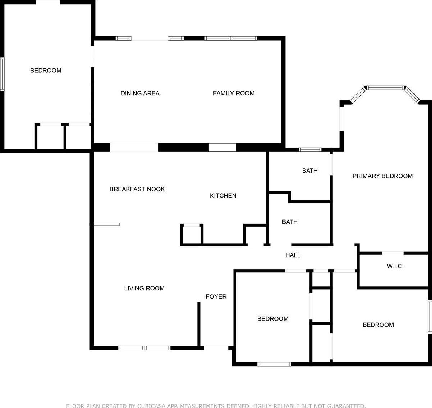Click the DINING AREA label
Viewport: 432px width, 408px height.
point(140,93)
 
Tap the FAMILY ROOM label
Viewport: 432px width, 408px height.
point(234,93)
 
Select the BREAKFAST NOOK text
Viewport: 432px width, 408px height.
point(137,189)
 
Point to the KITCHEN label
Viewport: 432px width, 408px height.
point(223,196)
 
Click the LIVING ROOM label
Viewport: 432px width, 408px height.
point(144,288)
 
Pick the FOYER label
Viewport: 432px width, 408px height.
point(216,296)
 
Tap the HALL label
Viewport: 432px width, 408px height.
point(293,255)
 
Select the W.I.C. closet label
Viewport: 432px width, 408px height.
point(395,266)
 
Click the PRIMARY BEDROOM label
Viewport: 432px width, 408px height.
point(382,176)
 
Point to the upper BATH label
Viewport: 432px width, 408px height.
point(310,171)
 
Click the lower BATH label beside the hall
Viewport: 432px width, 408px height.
point(290,222)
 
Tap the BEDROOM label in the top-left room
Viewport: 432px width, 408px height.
point(46,71)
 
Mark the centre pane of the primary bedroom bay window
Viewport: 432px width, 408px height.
point(385,87)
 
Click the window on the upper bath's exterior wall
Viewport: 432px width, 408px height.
point(310,150)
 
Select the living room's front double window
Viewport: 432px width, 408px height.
point(144,348)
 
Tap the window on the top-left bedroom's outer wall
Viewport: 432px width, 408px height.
point(2,74)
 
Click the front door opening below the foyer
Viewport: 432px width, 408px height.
point(216,348)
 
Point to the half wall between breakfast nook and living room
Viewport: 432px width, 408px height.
point(106,225)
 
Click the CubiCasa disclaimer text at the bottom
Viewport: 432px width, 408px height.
point(216,405)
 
